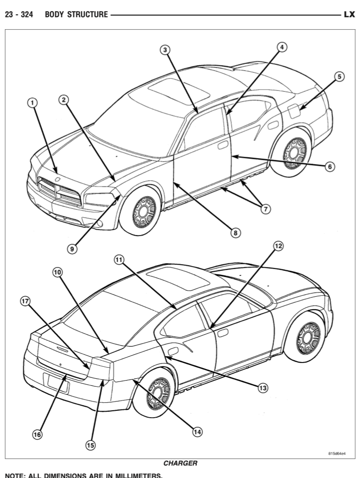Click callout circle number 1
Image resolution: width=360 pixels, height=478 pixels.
32,102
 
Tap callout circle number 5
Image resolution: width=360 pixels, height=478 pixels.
340,77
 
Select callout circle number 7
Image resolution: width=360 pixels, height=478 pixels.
265,209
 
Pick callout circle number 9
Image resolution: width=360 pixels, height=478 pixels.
72,249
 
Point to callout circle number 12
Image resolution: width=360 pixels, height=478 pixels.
278,246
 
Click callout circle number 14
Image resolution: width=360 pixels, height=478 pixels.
197,431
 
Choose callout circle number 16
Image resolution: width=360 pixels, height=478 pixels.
37,434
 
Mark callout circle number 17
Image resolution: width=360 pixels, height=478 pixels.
25,301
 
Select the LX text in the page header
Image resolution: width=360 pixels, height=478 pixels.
348,15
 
